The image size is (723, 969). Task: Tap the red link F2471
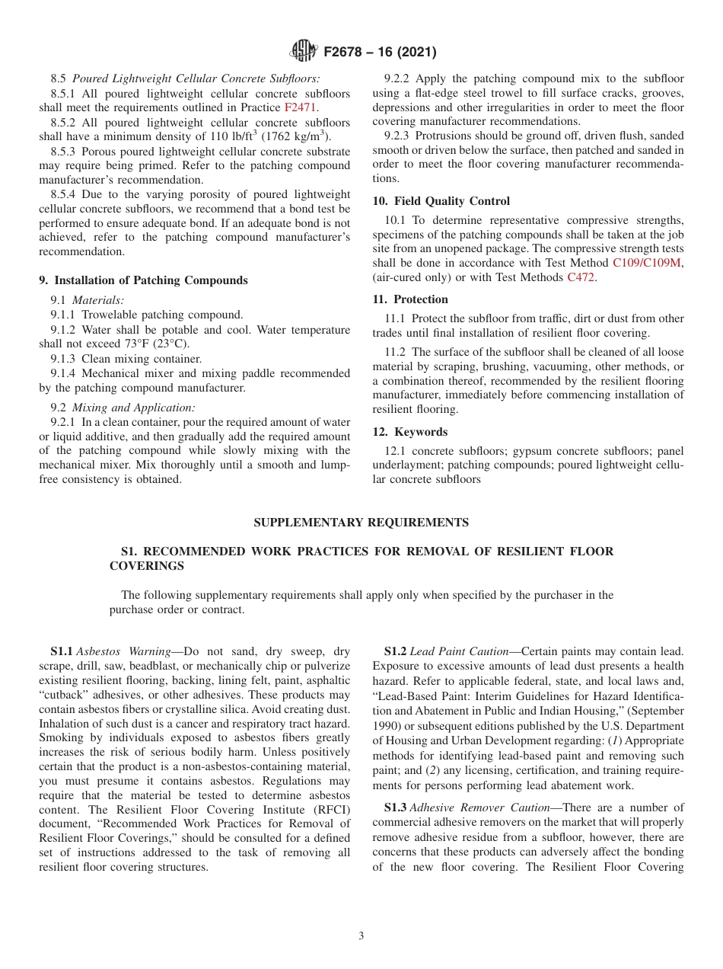pos(301,108)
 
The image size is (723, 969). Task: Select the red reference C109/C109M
pos(648,263)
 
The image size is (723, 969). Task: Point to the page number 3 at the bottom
pos(361,935)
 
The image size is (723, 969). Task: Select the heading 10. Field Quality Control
pos(441,201)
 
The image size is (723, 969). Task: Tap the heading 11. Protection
pos(410,299)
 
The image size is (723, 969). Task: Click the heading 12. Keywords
pos(410,432)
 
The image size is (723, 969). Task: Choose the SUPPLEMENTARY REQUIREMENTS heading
pos(361,523)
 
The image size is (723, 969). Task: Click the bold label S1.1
pos(62,651)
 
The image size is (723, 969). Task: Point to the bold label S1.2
pos(395,651)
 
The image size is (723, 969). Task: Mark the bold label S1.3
pos(395,807)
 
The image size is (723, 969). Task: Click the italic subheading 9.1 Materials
pos(88,300)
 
